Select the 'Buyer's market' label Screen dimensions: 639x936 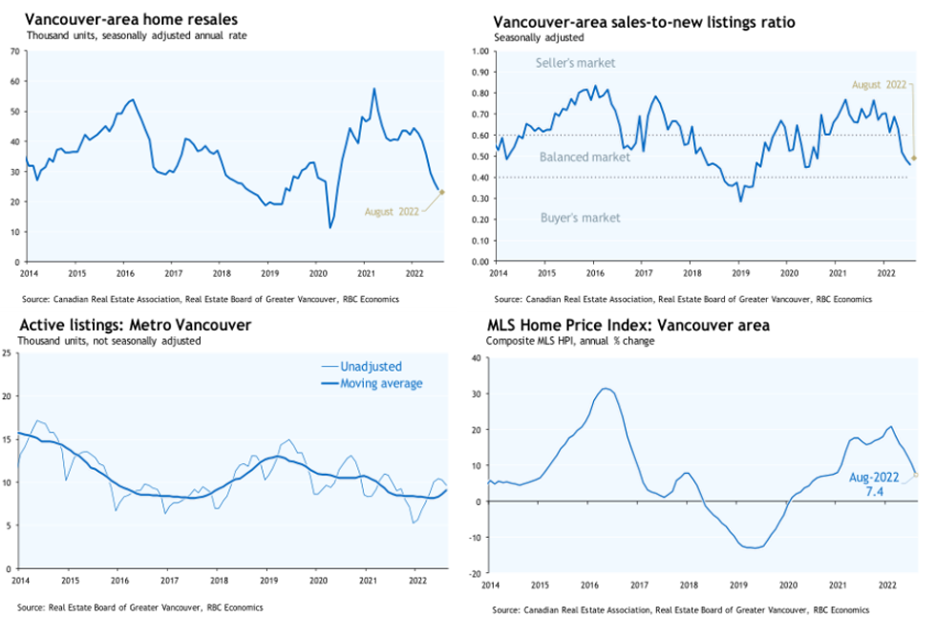pos(581,218)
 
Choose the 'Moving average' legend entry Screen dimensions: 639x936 pos(381,383)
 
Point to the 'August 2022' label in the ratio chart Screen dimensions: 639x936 pos(879,84)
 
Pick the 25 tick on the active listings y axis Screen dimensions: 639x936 pos(8,353)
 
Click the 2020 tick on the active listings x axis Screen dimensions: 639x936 pos(317,580)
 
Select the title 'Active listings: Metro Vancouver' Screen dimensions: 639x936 pos(135,326)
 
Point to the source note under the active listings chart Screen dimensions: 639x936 pos(139,607)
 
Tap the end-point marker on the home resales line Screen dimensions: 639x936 pos(441,192)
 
